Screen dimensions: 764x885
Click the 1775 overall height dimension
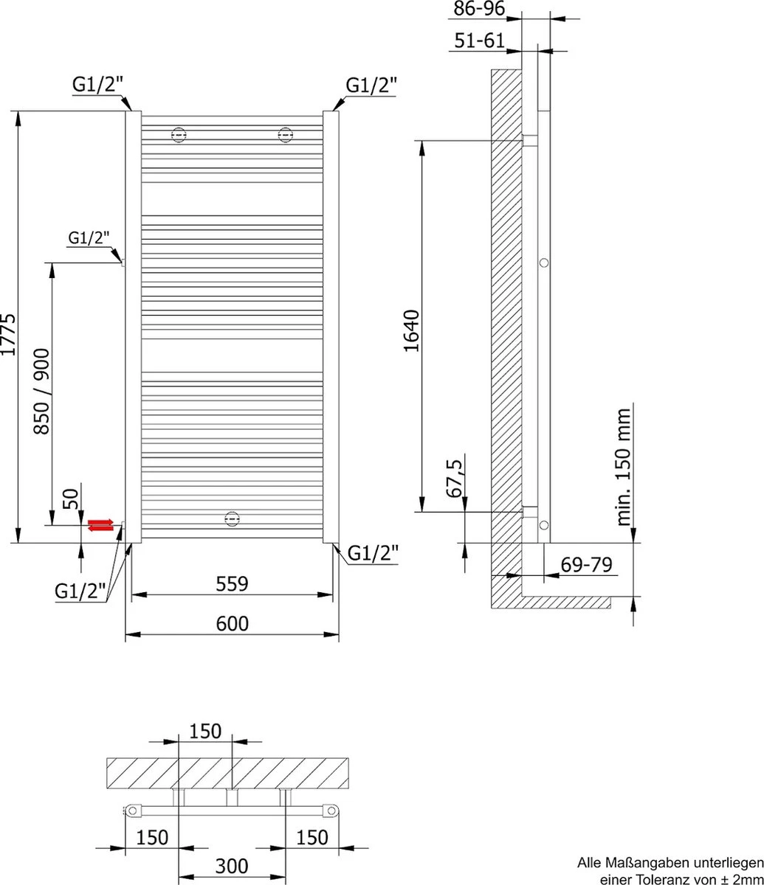click(9, 334)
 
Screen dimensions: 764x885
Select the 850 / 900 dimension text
click(41, 392)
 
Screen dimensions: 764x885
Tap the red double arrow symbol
click(100, 525)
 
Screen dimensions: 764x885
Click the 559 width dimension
click(232, 583)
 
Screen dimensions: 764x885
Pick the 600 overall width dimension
click(232, 623)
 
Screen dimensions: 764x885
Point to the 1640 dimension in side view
click(411, 331)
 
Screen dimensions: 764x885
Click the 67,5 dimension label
click(455, 478)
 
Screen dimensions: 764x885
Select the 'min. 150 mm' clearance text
click(624, 467)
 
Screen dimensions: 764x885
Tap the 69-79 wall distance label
click(586, 565)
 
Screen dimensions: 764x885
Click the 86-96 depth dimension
click(479, 9)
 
